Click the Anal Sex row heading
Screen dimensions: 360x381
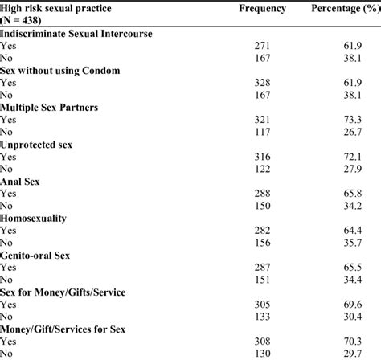click(22, 182)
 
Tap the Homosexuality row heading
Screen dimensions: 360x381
click(34, 219)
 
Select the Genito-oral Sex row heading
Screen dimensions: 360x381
click(36, 255)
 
